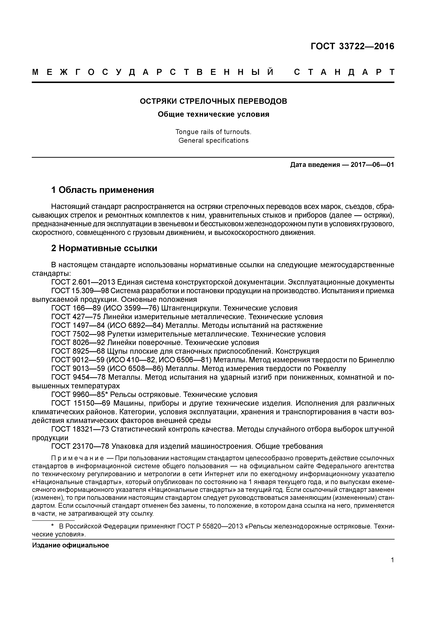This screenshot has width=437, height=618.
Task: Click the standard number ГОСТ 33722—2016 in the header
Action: click(352, 46)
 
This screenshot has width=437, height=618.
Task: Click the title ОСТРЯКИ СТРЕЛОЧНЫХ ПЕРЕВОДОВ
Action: click(213, 101)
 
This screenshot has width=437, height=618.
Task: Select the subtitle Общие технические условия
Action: click(213, 114)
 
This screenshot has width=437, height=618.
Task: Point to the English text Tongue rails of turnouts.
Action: click(213, 132)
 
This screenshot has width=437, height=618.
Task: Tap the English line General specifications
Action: click(213, 141)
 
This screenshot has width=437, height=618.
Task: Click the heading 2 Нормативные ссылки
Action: click(104, 248)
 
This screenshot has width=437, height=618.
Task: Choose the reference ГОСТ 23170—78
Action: click(80, 447)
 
